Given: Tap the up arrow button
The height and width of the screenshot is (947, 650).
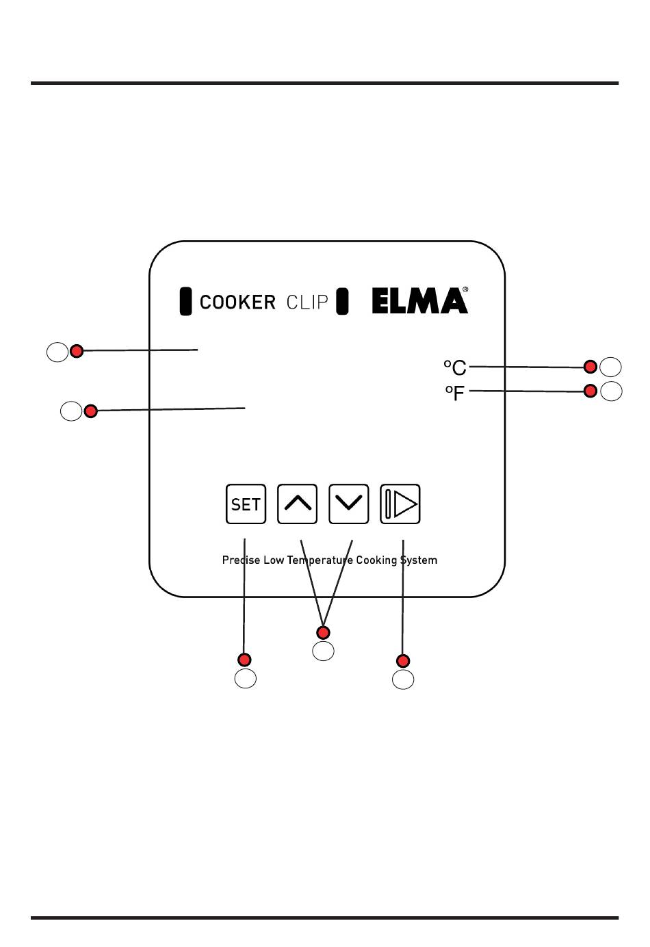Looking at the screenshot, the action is tap(297, 504).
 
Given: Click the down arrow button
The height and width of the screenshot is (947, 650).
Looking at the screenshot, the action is tap(349, 504).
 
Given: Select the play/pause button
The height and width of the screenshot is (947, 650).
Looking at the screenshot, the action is tap(400, 504).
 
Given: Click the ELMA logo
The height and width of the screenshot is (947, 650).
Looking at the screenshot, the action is tap(420, 300).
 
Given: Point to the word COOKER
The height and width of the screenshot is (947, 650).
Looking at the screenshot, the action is tap(237, 302).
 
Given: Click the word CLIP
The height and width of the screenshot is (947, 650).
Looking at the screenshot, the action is tap(307, 302).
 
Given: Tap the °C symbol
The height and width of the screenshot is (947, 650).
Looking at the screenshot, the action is tap(455, 367).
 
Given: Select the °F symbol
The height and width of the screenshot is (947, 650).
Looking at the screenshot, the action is tap(455, 393).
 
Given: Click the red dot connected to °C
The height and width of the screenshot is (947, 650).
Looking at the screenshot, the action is tap(590, 367).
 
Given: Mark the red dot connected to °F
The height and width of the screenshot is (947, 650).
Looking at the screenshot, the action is tap(590, 391).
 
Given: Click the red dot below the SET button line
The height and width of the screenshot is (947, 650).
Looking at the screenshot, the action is tap(244, 660).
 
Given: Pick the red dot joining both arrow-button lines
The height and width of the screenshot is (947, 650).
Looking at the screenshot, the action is tap(323, 632).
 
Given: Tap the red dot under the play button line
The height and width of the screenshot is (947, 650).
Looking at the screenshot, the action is tap(403, 660).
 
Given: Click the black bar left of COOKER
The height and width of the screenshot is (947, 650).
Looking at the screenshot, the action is tap(185, 301).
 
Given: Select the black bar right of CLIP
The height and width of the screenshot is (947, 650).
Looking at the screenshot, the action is tap(342, 301).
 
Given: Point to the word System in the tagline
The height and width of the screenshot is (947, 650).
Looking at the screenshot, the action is tap(419, 560).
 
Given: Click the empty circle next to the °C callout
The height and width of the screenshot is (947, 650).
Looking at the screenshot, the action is tap(610, 367).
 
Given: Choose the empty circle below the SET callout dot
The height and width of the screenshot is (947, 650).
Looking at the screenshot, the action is tap(245, 679).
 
